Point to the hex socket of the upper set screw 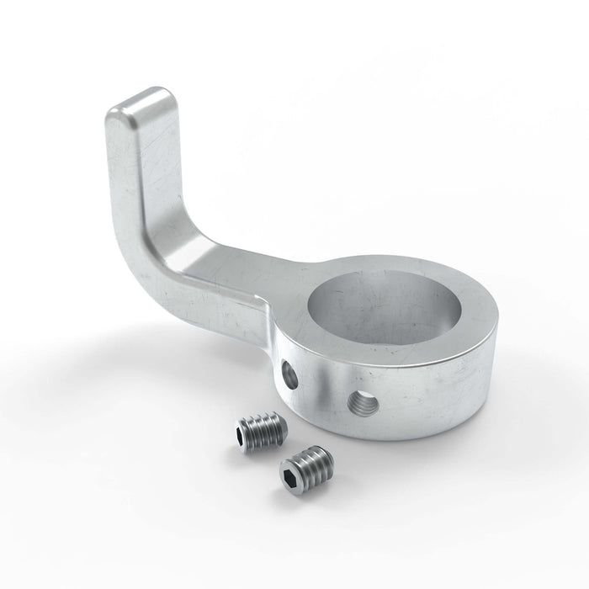pyautogui.click(x=243, y=437)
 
